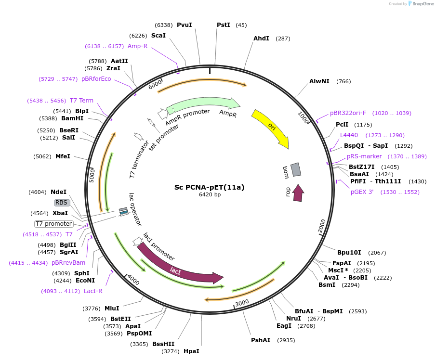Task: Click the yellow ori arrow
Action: click(271, 127)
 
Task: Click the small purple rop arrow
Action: click(298, 193)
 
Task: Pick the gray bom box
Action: click(296, 169)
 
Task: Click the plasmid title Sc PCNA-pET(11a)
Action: click(209, 187)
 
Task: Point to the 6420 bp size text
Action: click(210, 195)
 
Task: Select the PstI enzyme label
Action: click(224, 25)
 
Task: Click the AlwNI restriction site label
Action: click(319, 81)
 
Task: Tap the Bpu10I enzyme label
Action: click(348, 253)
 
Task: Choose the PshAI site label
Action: click(261, 340)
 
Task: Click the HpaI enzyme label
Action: click(191, 351)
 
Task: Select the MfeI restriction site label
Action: click(63, 156)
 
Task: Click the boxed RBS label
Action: click(62, 203)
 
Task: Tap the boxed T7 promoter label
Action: click(54, 224)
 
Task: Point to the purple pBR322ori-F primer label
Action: click(348, 113)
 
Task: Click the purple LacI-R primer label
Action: click(93, 291)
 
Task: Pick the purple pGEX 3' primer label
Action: click(362, 192)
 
